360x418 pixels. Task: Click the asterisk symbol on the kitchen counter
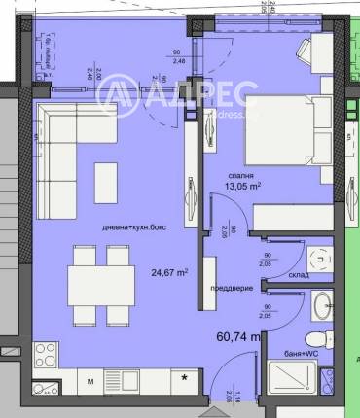(x=184, y=375)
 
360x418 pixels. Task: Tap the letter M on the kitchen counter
(x=91, y=381)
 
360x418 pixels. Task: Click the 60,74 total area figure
(x=236, y=337)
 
